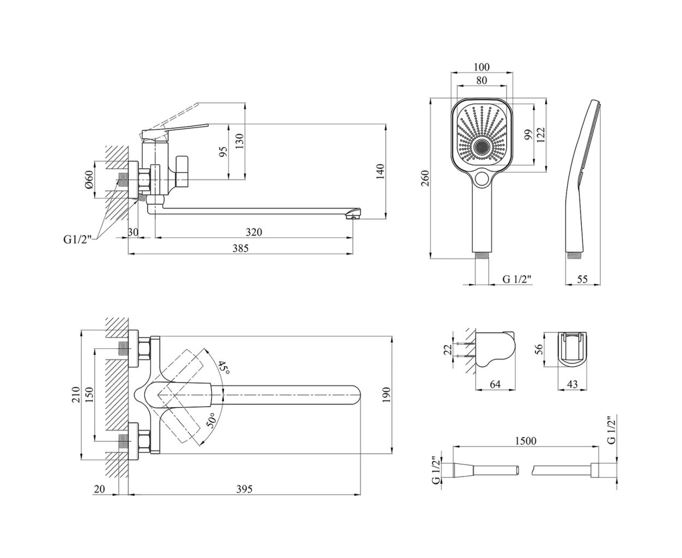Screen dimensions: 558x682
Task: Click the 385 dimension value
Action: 240,248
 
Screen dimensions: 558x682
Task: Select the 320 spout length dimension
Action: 253,232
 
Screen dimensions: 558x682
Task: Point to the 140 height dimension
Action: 381,171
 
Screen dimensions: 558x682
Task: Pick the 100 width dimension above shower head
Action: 482,67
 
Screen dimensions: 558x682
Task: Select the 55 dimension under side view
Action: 582,279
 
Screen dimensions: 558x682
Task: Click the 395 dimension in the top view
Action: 245,489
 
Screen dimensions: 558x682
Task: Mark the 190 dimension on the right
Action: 386,395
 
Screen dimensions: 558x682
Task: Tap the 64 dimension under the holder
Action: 495,384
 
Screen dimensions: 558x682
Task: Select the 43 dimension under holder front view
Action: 573,384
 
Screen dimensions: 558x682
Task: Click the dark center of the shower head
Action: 482,147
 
